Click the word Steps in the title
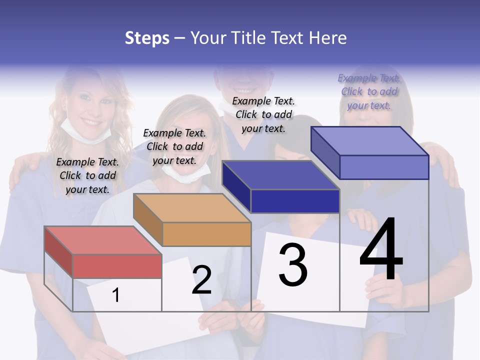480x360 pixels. coord(147,38)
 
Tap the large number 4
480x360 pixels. coord(381,249)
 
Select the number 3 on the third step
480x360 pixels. coord(293,264)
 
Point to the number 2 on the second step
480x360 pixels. coord(201,280)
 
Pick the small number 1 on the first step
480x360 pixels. coord(116,295)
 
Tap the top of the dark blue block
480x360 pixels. coord(279,175)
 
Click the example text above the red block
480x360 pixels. coord(87,175)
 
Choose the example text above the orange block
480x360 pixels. coord(174,146)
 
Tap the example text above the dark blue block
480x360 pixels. coord(263,114)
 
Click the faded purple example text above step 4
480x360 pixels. coord(369,91)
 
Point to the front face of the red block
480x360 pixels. coord(117,266)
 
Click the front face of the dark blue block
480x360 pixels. coord(295,201)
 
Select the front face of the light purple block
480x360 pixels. coord(384,167)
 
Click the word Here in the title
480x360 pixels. coord(327,38)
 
